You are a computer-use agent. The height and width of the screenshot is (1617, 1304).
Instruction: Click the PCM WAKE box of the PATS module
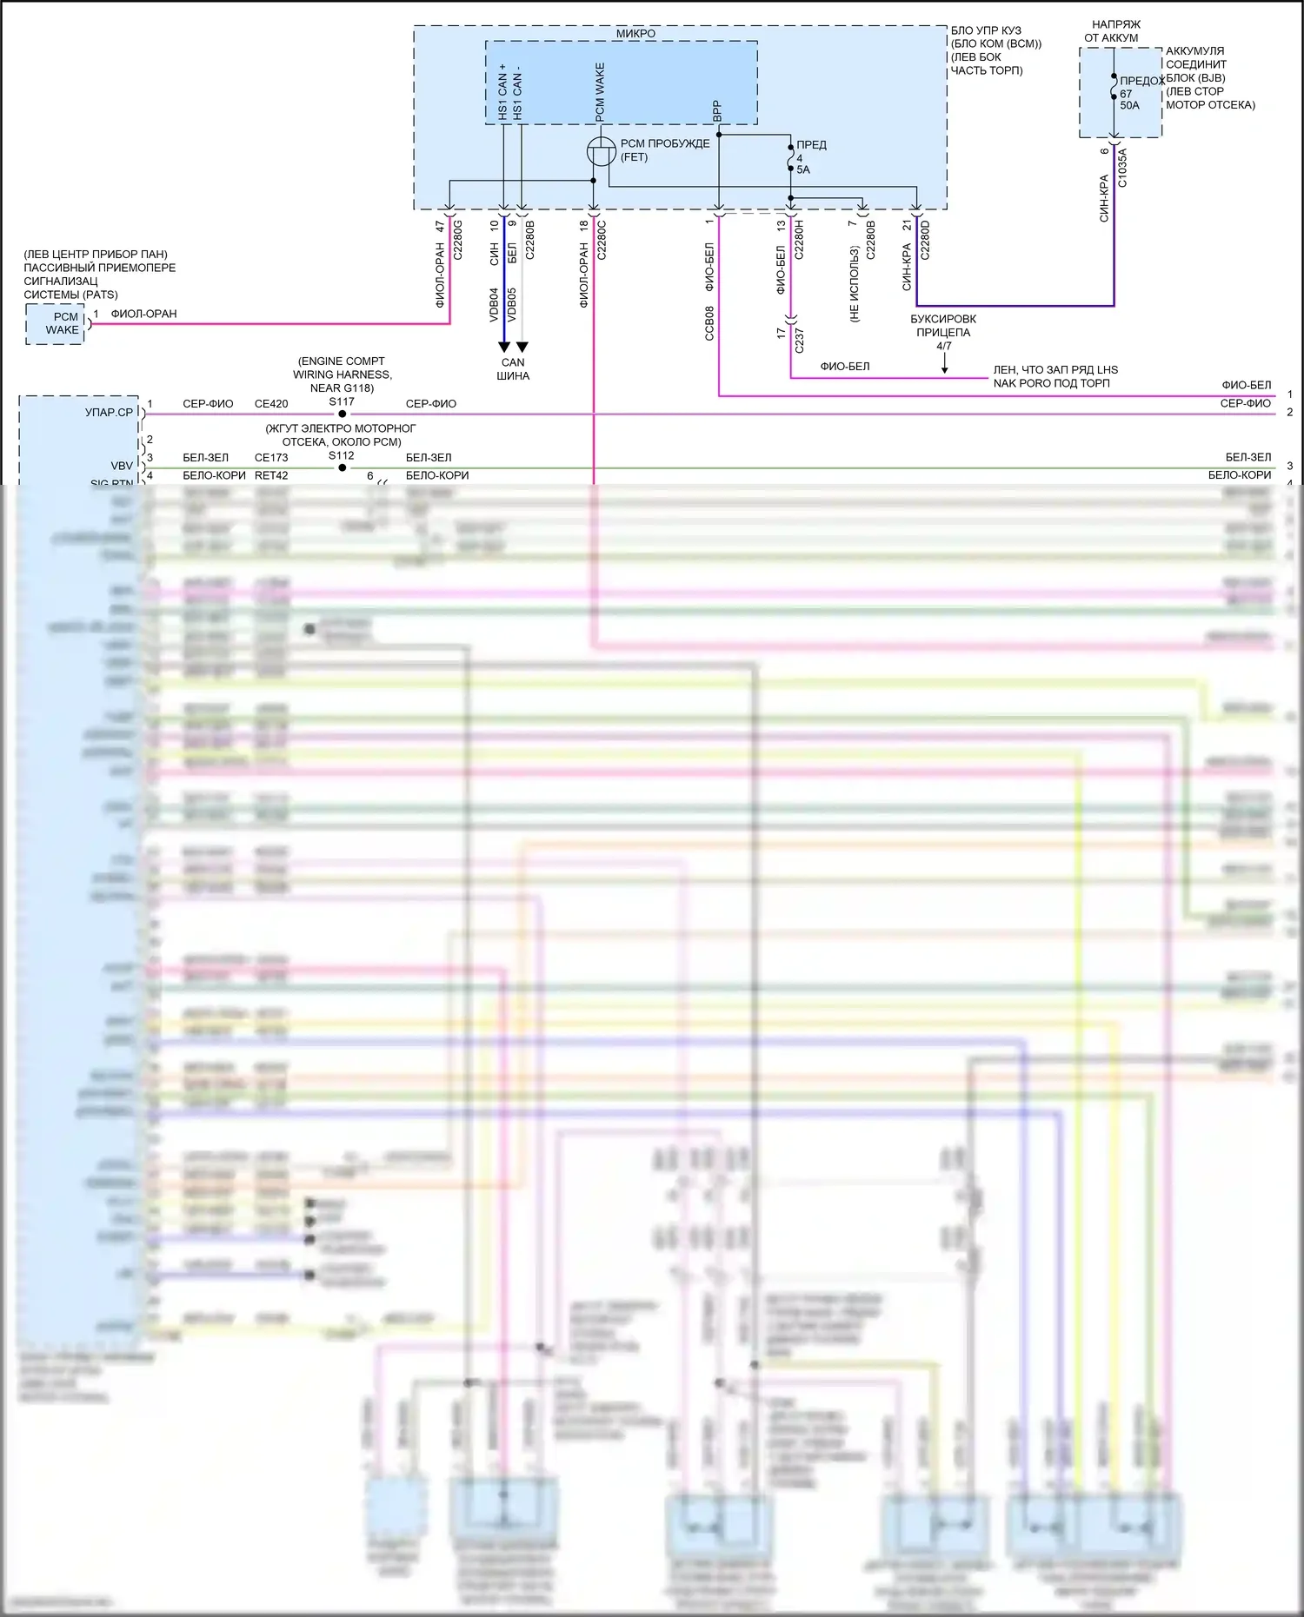(x=56, y=324)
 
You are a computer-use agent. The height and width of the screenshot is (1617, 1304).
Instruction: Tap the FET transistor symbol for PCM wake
(x=602, y=151)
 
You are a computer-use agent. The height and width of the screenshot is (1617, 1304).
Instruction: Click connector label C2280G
(x=458, y=241)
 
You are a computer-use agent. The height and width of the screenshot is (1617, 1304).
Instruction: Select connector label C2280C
(x=602, y=241)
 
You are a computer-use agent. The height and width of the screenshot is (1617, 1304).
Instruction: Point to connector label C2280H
(x=799, y=241)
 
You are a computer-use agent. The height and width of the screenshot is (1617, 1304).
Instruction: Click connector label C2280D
(x=925, y=241)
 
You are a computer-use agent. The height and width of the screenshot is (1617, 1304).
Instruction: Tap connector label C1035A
(x=1122, y=168)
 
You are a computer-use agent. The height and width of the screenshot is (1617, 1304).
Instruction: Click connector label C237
(x=799, y=340)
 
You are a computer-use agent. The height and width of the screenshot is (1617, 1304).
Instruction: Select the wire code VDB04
(x=494, y=305)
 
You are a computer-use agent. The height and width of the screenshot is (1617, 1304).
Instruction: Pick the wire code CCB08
(x=709, y=322)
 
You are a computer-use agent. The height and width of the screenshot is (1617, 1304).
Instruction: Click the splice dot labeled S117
(x=343, y=414)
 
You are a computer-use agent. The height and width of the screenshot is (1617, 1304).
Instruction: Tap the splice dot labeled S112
(x=343, y=467)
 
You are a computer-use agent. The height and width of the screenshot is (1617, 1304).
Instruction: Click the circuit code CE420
(x=271, y=404)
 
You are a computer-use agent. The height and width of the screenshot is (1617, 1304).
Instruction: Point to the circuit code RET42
(x=271, y=476)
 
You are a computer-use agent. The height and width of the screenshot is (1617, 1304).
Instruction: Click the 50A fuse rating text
(x=1129, y=106)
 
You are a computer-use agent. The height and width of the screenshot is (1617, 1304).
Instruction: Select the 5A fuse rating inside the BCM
(x=803, y=170)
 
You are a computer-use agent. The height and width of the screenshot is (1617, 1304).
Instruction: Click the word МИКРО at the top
(x=635, y=34)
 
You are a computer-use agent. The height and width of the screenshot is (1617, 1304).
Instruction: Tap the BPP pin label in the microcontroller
(x=717, y=110)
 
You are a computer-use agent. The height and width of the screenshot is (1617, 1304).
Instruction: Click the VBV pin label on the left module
(x=122, y=466)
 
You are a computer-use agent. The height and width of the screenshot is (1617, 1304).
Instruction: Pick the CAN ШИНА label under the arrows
(x=513, y=369)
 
